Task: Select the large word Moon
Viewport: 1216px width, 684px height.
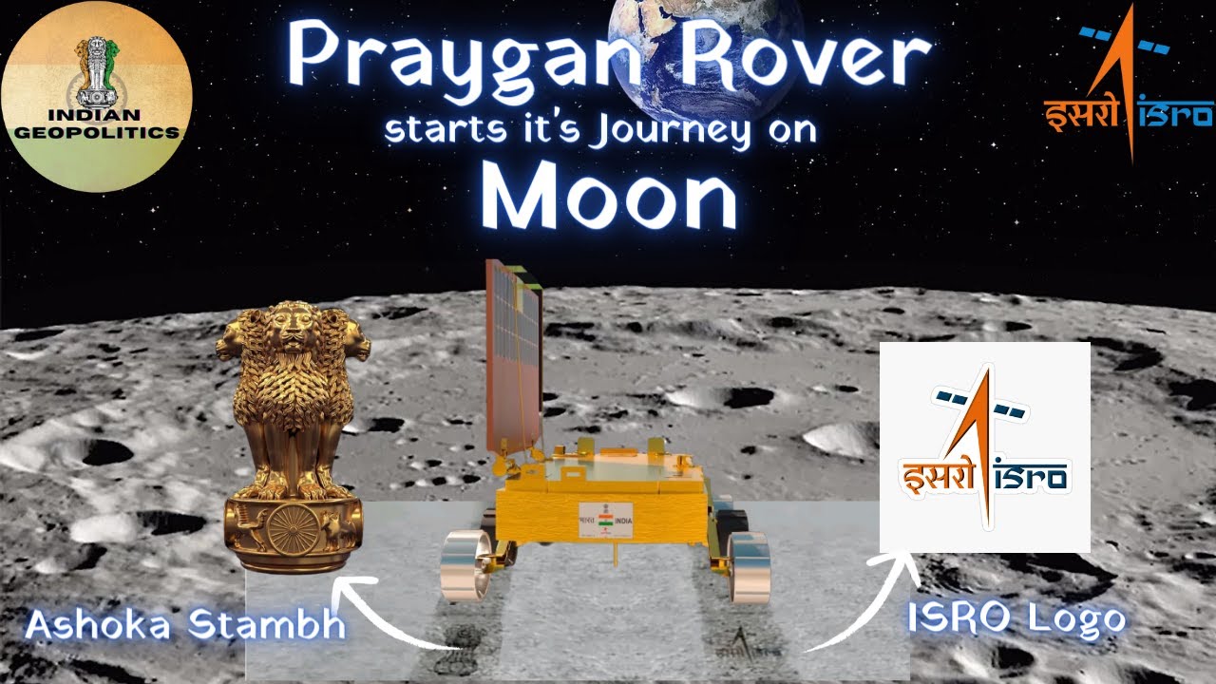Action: (608, 199)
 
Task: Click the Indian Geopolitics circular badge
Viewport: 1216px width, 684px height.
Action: (97, 96)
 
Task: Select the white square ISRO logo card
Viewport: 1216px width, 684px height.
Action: (984, 446)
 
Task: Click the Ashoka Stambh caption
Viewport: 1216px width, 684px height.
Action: (184, 626)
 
